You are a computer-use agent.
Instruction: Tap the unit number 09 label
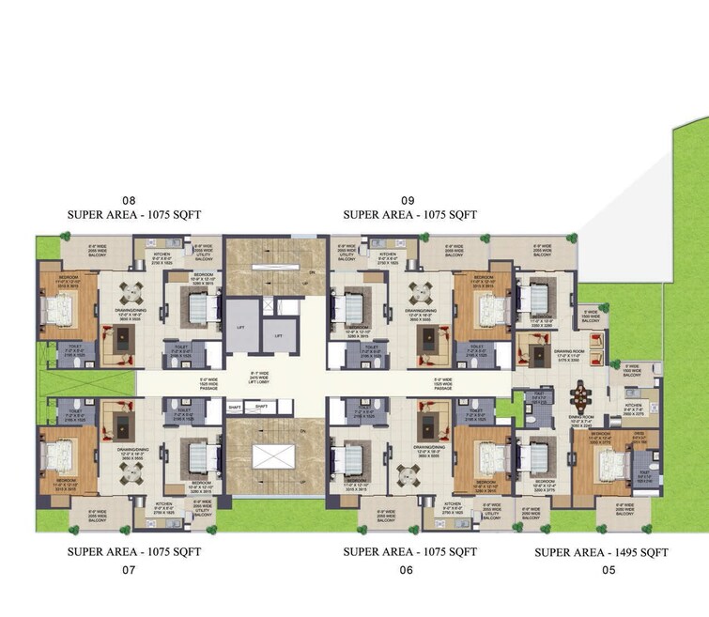pos(408,200)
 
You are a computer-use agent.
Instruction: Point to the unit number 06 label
pos(406,570)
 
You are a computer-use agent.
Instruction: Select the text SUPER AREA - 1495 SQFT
pos(601,553)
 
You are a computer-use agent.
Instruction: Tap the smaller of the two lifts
pos(279,334)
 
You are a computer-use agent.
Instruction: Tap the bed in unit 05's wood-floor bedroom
pos(606,466)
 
